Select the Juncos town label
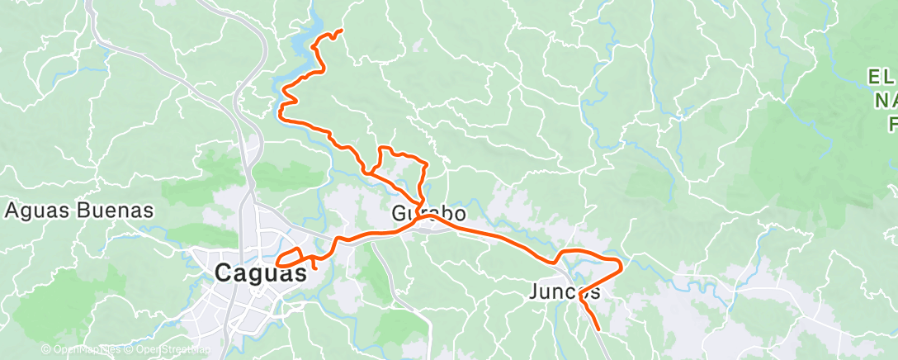click(565, 291)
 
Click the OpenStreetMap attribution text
click(170, 350)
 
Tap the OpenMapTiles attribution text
click(87, 350)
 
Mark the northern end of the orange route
click(341, 31)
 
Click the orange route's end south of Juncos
click(598, 329)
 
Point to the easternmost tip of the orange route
click(621, 264)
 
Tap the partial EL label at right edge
click(881, 78)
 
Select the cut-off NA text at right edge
click(885, 101)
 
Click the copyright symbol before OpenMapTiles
click(45, 350)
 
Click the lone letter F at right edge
click(891, 124)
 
